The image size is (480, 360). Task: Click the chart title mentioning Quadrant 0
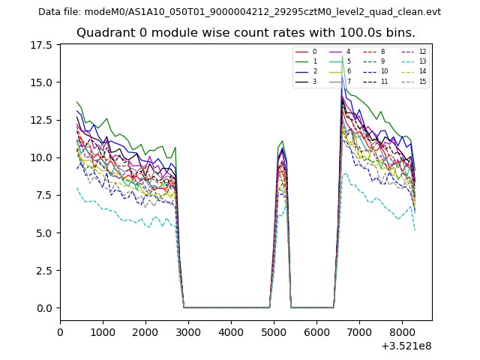246,33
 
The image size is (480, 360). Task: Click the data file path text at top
239,11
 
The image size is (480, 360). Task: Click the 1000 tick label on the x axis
103,329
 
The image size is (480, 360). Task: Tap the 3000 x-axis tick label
188,329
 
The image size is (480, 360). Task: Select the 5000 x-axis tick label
274,329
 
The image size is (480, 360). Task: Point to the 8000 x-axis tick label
401,329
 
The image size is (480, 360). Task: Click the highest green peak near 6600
342,56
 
